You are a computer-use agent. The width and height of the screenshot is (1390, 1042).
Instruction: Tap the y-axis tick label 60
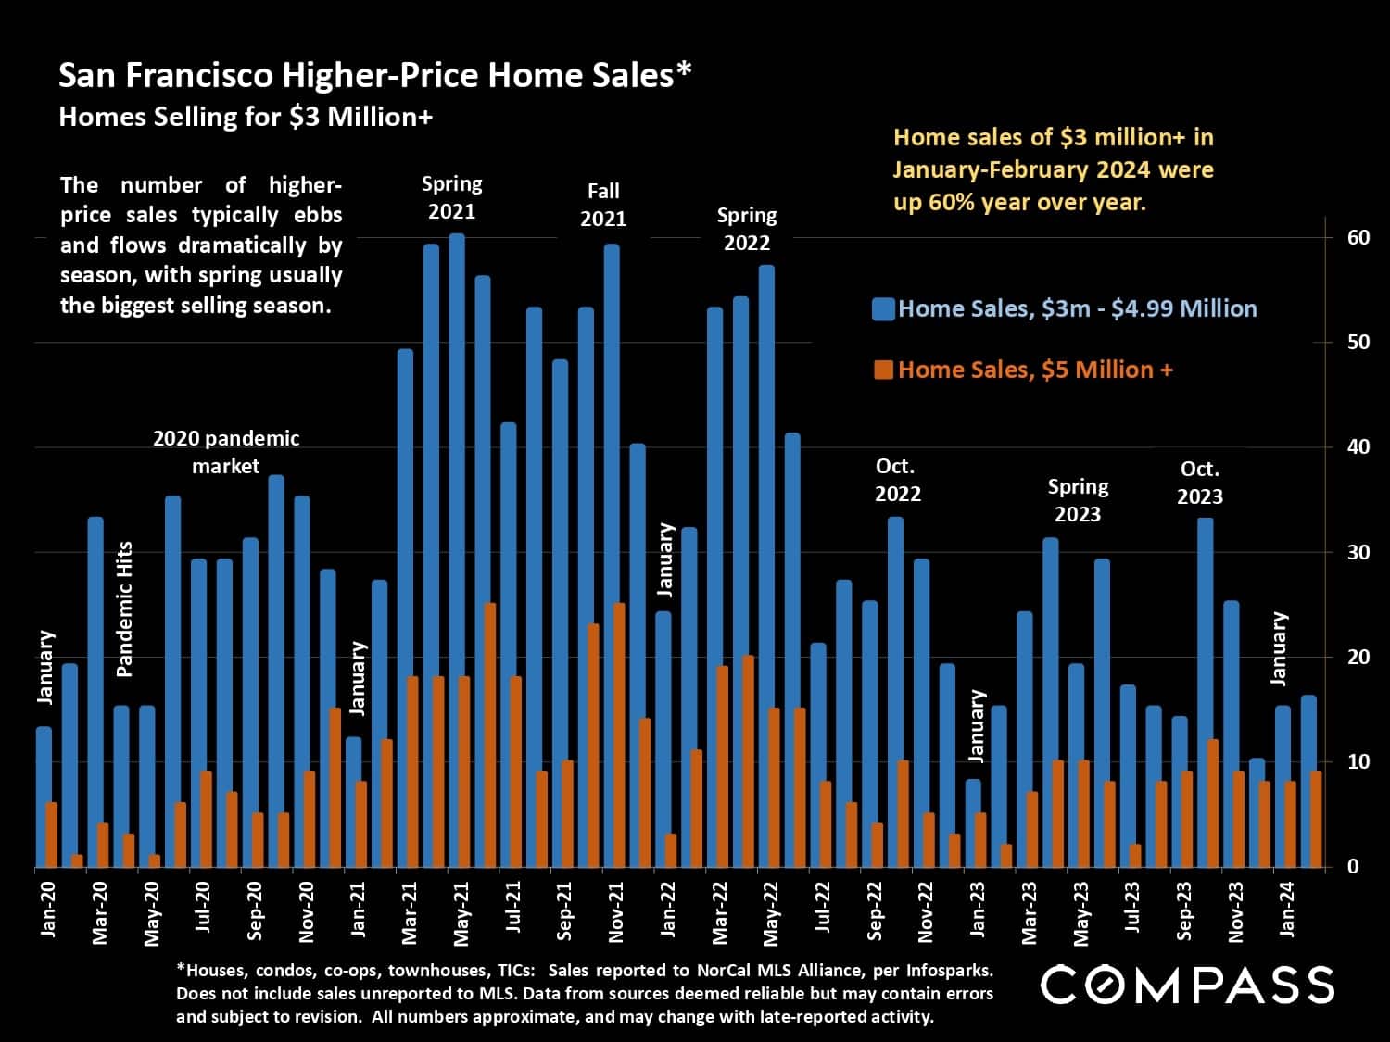[x=1358, y=238]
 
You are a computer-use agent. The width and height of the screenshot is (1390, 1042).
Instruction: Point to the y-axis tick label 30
[x=1358, y=553]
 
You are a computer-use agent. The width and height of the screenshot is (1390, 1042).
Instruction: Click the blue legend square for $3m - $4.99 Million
[x=883, y=309]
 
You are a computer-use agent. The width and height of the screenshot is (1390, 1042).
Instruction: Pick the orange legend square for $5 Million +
[x=883, y=370]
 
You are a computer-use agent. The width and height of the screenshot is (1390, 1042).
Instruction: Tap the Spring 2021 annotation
[x=451, y=197]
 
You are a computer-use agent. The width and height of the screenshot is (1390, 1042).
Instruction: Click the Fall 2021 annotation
[x=603, y=205]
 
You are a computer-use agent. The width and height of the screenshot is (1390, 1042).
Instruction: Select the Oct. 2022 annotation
[x=897, y=480]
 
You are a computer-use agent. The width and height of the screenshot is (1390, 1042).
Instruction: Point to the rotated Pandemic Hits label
[x=125, y=609]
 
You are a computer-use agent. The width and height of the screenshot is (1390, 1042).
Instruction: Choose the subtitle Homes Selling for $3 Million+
[x=246, y=118]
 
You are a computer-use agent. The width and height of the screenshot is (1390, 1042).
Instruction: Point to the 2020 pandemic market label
[x=225, y=452]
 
